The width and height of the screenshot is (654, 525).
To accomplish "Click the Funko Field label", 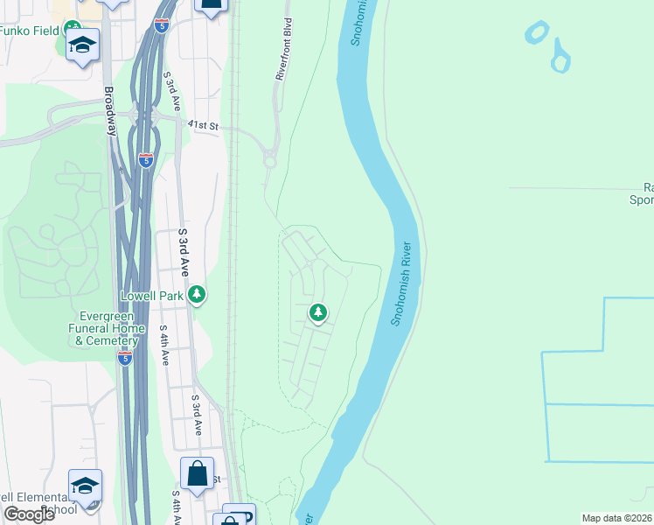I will pyautogui.click(x=30, y=31).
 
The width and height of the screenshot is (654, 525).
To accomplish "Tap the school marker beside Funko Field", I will pyautogui.click(x=82, y=45).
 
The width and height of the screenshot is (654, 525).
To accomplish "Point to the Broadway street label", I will pyautogui.click(x=110, y=109).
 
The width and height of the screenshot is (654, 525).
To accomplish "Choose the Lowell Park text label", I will pyautogui.click(x=153, y=296).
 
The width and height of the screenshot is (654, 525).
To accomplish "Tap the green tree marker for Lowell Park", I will pyautogui.click(x=198, y=295).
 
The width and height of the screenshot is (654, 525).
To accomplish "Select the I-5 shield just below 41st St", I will pyautogui.click(x=146, y=160).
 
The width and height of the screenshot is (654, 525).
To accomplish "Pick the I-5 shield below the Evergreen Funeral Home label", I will pyautogui.click(x=124, y=358).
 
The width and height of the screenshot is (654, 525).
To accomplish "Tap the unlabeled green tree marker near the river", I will pyautogui.click(x=318, y=312).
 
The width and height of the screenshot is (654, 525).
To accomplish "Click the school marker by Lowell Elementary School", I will pyautogui.click(x=85, y=486).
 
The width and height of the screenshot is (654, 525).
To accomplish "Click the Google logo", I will pyautogui.click(x=29, y=514).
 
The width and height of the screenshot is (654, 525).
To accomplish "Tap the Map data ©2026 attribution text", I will pyautogui.click(x=616, y=518).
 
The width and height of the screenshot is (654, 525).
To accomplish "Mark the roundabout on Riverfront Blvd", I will pyautogui.click(x=270, y=159).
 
